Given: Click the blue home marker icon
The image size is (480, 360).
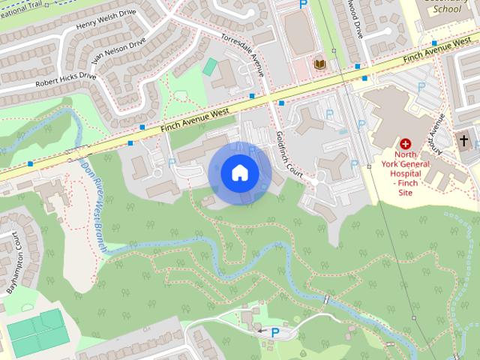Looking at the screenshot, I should pyautogui.click(x=239, y=173).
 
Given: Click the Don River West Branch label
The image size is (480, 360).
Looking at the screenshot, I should pyautogui.click(x=94, y=206).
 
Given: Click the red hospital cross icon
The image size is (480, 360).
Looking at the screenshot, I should pyautogui.click(x=406, y=142).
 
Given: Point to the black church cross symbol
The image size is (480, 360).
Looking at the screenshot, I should pyautogui.click(x=463, y=140).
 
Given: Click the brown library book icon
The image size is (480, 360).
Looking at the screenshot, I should pyautogui.click(x=319, y=64).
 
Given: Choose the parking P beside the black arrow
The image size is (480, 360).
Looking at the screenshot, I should pyautogui.click(x=274, y=331).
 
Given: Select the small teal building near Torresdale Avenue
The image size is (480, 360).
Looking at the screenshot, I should pyautogui.click(x=209, y=66).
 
